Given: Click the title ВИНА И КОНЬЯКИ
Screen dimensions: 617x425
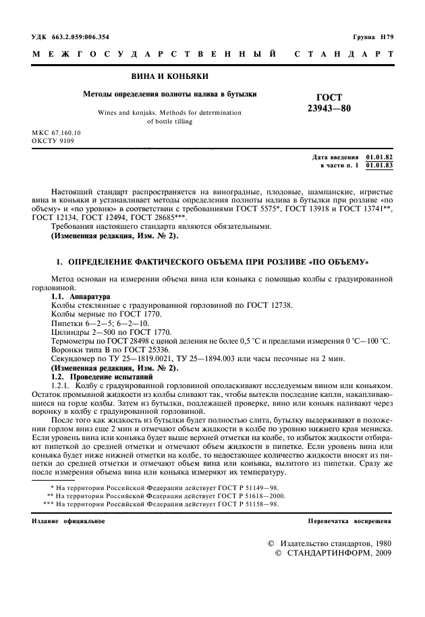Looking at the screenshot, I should (x=169, y=76).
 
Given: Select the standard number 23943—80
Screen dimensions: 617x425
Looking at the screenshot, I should (x=329, y=109).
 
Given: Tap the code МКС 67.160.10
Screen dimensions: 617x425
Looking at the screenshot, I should (x=56, y=134).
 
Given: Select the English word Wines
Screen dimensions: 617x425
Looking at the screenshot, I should (x=109, y=113).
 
